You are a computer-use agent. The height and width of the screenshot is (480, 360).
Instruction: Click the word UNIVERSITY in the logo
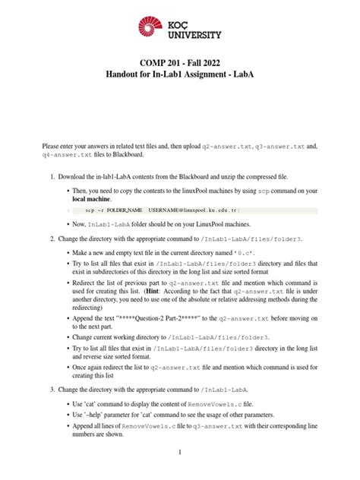(x=193, y=34)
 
